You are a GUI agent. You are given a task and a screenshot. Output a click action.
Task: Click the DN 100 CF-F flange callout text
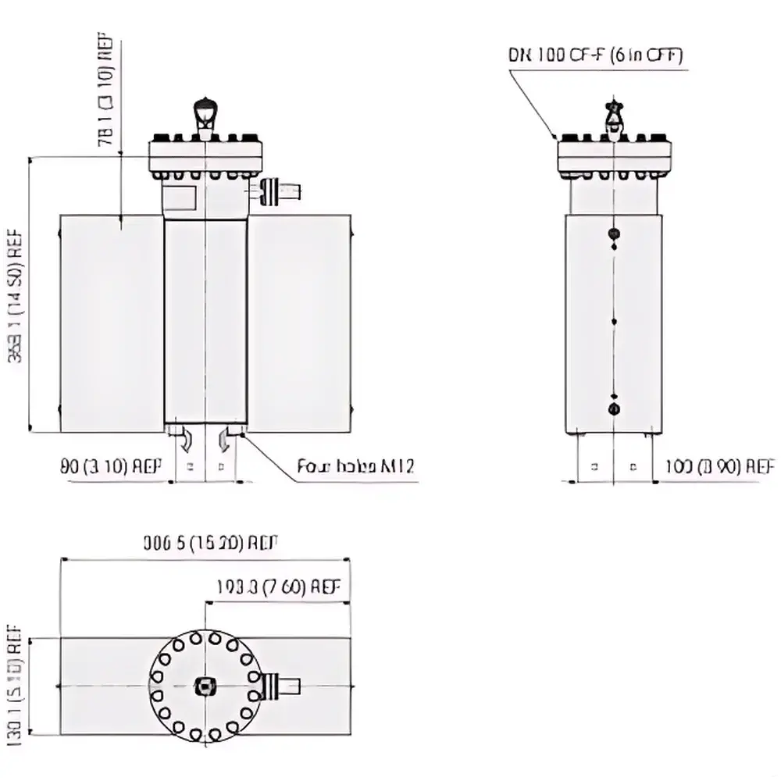coord(596,55)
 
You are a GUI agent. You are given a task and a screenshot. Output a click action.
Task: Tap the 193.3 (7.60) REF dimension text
coord(279,587)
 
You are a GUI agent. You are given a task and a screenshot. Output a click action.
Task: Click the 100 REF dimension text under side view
coord(719,467)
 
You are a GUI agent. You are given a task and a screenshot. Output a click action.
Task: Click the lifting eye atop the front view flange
coord(205,113)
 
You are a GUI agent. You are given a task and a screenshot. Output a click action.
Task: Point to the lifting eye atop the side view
coord(615,116)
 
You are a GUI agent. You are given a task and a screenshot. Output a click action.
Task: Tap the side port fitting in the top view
coord(282,686)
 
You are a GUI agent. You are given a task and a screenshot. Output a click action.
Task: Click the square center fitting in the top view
coord(205,686)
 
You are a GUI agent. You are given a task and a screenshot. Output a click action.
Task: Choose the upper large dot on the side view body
coord(614,234)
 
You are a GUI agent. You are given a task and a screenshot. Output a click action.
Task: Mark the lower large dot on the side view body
coord(614,409)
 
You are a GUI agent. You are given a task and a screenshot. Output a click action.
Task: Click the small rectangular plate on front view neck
coord(180,198)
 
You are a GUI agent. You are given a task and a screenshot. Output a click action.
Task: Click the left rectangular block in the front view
coord(112,323)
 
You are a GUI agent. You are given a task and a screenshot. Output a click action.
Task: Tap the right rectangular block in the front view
coord(299,323)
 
